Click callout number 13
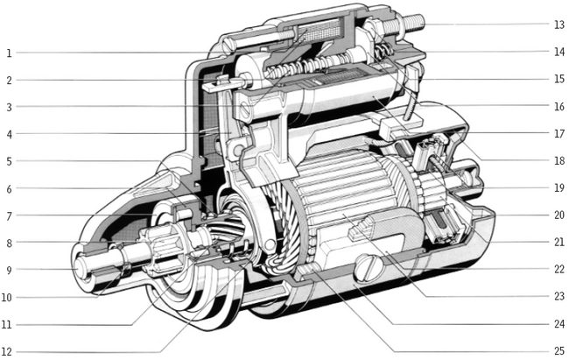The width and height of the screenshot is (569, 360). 559,25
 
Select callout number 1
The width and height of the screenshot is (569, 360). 9,53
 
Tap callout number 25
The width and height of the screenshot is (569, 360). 559,351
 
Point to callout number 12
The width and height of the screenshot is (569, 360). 7,351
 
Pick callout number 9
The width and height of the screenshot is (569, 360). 9,270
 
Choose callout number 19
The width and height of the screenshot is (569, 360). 559,187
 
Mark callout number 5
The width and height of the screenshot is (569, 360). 9,161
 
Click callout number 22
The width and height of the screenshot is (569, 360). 559,269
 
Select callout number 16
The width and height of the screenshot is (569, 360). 559,107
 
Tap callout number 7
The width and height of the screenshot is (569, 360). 9,215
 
